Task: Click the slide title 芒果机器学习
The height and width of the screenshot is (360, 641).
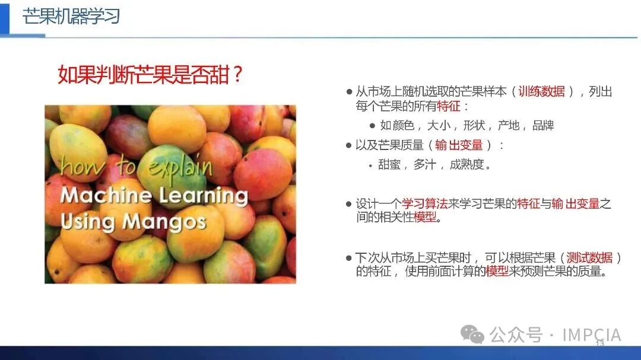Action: coord(71,17)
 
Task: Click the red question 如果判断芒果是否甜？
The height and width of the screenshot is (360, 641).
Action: coord(150,75)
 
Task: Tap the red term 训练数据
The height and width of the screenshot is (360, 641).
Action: coord(542,91)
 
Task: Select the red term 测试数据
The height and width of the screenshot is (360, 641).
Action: coord(589,257)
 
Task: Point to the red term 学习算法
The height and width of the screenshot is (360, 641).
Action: coord(425,203)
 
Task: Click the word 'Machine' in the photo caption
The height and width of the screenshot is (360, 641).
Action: coord(106,195)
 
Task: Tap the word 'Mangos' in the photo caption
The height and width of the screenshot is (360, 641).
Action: coord(164,222)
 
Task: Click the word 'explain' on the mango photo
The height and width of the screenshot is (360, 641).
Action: coord(180,166)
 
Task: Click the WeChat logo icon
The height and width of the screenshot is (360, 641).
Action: coord(472,334)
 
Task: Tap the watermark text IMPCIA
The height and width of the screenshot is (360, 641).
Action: coord(592,334)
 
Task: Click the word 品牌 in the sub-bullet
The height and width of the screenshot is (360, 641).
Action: coord(543,126)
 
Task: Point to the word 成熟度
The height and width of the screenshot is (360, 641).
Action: coord(467,164)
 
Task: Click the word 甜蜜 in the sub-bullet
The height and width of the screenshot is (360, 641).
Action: coord(389,164)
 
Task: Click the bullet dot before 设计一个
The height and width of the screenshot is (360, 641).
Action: coord(349,204)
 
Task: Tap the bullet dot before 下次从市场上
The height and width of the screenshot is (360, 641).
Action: coord(349,258)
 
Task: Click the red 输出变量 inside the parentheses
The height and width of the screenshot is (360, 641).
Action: coord(459,145)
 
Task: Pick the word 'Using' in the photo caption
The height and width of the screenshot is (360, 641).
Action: coord(88,222)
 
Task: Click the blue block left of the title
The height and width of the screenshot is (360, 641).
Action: coord(5,17)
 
